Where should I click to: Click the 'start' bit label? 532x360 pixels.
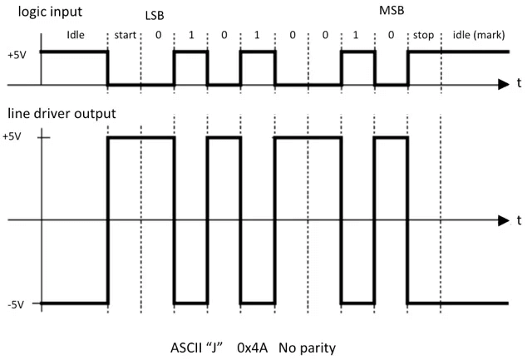coord(125,37)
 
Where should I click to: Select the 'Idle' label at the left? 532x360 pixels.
coord(75,37)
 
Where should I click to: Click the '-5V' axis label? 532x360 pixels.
coord(14,303)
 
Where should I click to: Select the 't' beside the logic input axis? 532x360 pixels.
coord(520,84)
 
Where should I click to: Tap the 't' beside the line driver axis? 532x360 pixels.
coord(520,219)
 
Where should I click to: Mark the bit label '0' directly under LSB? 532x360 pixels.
coord(158,37)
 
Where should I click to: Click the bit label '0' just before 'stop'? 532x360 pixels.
coord(391,37)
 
